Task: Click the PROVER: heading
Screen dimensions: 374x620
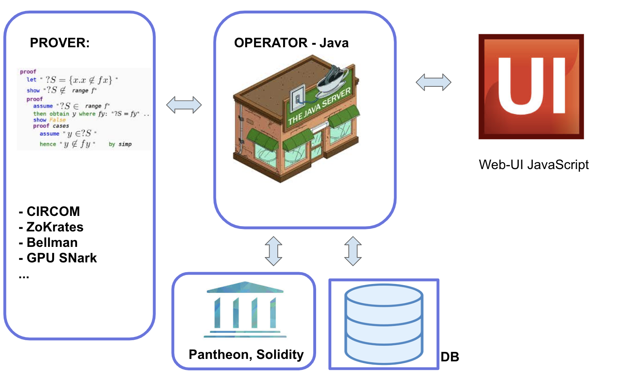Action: [x=60, y=43]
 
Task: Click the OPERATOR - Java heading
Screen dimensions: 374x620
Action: [x=291, y=43]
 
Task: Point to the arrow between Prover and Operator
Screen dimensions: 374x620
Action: [x=184, y=105]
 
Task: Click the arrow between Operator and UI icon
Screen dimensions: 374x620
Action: [x=433, y=82]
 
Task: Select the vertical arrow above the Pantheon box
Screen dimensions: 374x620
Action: [x=273, y=251]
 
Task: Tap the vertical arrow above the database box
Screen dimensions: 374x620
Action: [x=353, y=251]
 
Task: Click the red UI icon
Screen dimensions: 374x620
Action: [x=531, y=87]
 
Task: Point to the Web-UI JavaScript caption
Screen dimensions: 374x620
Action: [x=534, y=165]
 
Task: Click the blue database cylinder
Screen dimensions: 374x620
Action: [x=383, y=324]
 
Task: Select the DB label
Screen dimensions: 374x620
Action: [x=450, y=357]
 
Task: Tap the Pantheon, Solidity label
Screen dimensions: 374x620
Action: [x=246, y=354]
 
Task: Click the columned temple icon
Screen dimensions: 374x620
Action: [x=245, y=310]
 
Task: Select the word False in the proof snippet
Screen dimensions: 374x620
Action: [x=58, y=120]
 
